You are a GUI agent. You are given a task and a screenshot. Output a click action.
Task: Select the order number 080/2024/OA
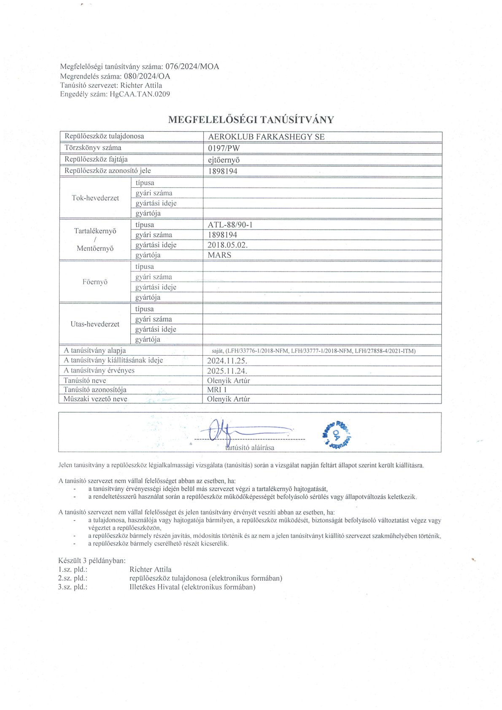(147, 76)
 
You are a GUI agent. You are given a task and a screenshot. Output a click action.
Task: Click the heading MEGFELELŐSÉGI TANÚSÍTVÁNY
(251, 119)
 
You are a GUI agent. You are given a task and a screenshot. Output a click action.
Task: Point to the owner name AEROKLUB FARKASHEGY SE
(266, 137)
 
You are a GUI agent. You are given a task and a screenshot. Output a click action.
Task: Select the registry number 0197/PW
(224, 148)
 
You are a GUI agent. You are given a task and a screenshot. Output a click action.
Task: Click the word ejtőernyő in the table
(227, 160)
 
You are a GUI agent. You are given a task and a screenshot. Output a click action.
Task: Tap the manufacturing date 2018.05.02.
(227, 245)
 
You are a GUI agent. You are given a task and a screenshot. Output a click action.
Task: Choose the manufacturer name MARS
(219, 255)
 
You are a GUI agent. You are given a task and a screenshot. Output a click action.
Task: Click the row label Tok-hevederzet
(95, 198)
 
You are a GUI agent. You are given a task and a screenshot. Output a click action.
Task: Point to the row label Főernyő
(95, 282)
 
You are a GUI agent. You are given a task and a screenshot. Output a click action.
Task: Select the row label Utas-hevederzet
(95, 324)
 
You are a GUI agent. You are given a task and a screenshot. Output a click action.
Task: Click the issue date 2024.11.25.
(227, 361)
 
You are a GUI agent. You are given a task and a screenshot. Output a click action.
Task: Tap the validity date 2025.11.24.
(227, 371)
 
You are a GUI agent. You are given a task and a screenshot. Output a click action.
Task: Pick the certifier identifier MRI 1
(217, 390)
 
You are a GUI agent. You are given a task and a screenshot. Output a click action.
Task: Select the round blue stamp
(336, 433)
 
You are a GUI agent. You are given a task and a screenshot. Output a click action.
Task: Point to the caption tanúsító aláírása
(250, 448)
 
